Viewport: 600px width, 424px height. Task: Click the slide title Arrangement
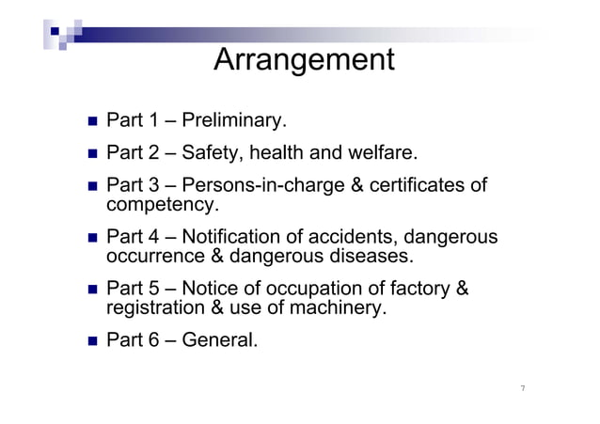coord(304,60)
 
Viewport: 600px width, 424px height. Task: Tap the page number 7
coord(522,388)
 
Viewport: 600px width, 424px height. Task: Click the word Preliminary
coord(233,121)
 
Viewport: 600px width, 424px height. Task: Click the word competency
coord(163,204)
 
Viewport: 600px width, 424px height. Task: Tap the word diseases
coord(372,256)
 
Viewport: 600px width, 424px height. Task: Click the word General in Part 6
coord(219,339)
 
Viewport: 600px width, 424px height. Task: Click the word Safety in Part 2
coord(208,152)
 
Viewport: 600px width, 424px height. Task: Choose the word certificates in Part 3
coord(418,185)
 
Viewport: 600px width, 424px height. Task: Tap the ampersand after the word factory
coord(462,289)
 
